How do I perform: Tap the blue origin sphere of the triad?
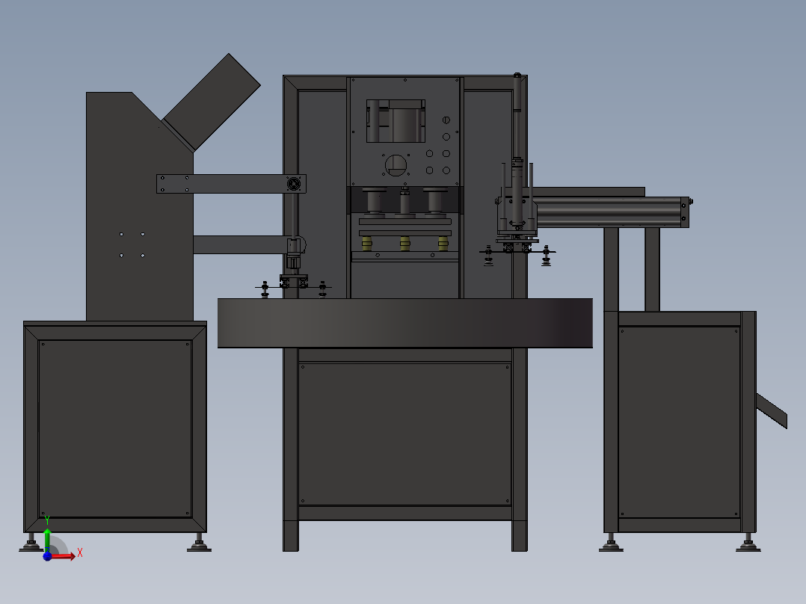coord(47,556)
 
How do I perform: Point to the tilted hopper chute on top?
coord(212,103)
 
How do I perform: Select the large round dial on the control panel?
coord(396,165)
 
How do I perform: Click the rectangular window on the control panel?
coord(396,121)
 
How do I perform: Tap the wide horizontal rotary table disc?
coord(405,323)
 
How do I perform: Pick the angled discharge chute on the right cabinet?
coord(771,410)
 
